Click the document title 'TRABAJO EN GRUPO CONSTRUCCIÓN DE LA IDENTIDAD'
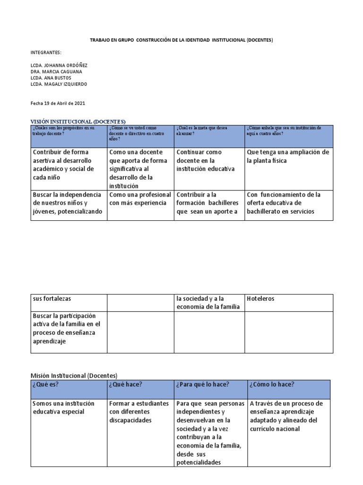pos(181,40)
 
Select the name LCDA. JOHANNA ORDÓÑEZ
pos(59,65)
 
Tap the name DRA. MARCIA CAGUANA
pos(56,72)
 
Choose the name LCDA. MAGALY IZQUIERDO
pos(59,84)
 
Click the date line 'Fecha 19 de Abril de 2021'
pos(58,103)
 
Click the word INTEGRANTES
pos(46,53)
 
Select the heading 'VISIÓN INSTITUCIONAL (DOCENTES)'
pos(78,121)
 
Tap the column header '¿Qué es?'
pos(45,384)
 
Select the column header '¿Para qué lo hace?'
pos(202,384)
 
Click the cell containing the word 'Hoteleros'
pos(260,299)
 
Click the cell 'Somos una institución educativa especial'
pos(63,407)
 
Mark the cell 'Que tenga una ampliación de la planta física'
pos(288,156)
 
